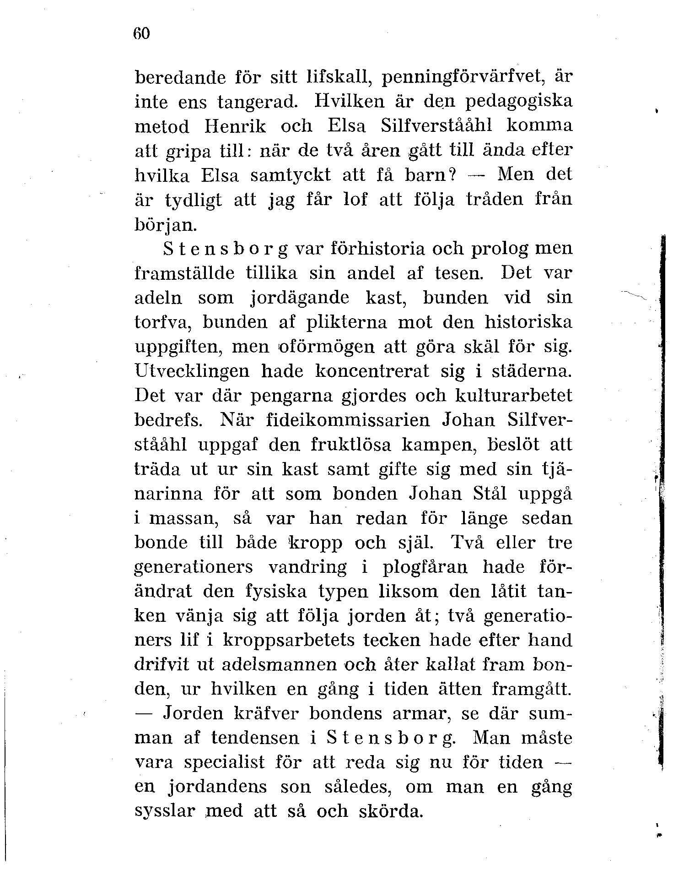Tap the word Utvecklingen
click(192, 371)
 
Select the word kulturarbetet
click(514, 396)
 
